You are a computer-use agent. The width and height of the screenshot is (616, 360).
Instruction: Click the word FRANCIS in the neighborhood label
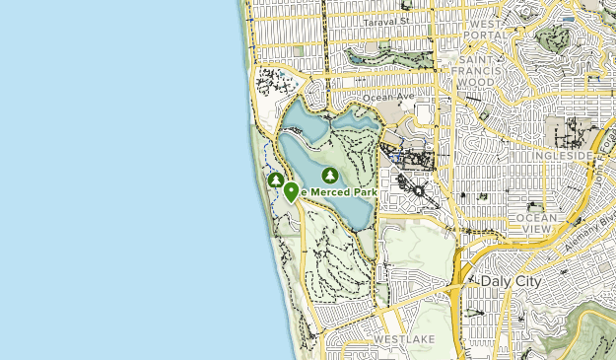481,72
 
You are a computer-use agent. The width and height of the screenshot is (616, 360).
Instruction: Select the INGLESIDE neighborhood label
562,156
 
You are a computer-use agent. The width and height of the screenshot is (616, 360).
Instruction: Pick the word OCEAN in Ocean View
536,216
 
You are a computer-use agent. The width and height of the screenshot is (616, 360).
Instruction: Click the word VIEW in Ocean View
536,229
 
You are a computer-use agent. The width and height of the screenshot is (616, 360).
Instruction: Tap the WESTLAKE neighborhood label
399,339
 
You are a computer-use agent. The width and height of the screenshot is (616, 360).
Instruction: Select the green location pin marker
292,192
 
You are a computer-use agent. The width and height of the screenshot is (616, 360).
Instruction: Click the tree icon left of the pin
276,180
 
